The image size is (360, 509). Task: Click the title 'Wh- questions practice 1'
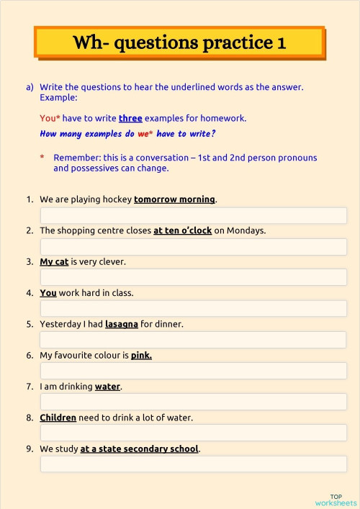tap(179, 42)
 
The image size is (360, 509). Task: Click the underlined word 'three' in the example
tap(130, 118)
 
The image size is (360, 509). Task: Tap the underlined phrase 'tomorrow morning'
tap(174, 199)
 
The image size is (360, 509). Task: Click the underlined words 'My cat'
tap(54, 262)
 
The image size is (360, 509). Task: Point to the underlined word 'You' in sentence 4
tap(48, 293)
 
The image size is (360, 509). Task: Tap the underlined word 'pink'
tap(141, 355)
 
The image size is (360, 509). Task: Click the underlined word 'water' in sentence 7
tap(107, 387)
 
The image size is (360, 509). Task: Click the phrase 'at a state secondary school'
tap(139, 449)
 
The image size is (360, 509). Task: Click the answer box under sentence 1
tap(193, 215)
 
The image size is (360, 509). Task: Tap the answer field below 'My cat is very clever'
tap(193, 277)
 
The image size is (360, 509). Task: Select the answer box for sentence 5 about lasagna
tap(193, 339)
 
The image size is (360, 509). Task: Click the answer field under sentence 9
tap(193, 464)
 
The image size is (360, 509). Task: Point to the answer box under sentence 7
tap(193, 402)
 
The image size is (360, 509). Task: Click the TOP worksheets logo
tap(336, 500)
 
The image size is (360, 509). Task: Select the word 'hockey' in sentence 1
tap(117, 199)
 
